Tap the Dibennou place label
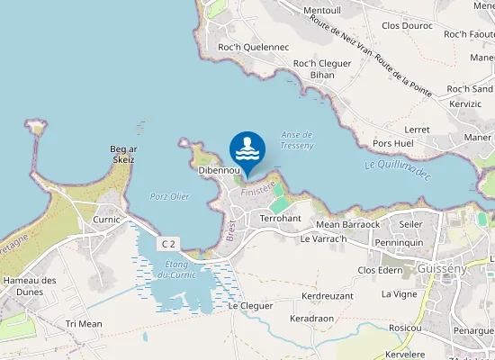point(219,170)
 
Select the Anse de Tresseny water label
point(296,139)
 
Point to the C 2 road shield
point(168,244)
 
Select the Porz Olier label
point(169,196)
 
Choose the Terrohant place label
point(280,219)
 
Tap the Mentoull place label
point(324,11)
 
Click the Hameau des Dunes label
point(30,286)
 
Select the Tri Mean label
point(84,323)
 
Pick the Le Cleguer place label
point(250,306)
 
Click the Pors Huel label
point(392,143)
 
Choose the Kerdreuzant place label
point(328,295)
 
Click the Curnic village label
point(106,219)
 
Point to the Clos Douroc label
point(407,25)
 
